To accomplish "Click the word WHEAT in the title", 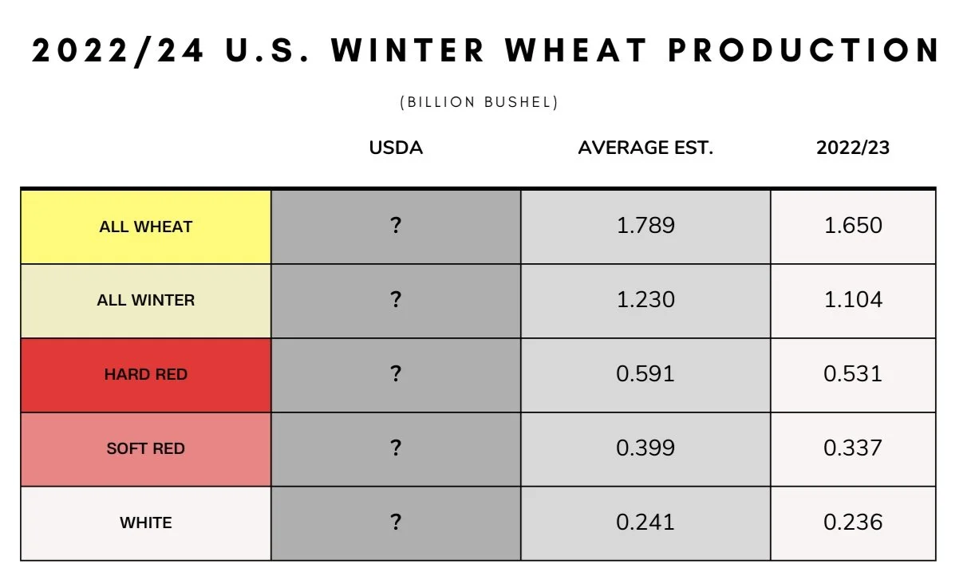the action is pos(575,50).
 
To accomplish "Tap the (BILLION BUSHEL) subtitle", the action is pos(479,102).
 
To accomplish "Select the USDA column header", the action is pos(396,148).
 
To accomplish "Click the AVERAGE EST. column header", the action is pos(645,148).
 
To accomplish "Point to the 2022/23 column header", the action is pos(853,148).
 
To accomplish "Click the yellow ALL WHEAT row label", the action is pos(145,227).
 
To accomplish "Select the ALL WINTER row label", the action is pos(145,300).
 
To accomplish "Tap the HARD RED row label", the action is pos(145,374).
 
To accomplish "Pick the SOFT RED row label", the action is pos(145,448).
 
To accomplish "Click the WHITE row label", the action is pos(145,523).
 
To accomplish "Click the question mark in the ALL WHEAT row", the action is pos(396,226).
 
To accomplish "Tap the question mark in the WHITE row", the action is pos(396,522).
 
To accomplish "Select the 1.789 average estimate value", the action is pos(645,226).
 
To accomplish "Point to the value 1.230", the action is pos(645,300).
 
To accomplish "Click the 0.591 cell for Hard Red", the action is pos(645,374).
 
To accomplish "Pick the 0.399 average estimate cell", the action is pos(645,448).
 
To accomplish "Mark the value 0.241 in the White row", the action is pos(645,522).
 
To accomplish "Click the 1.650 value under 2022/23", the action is pos(853,226).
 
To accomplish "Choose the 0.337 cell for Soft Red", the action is pos(853,448).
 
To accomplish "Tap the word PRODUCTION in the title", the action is pos(804,50).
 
